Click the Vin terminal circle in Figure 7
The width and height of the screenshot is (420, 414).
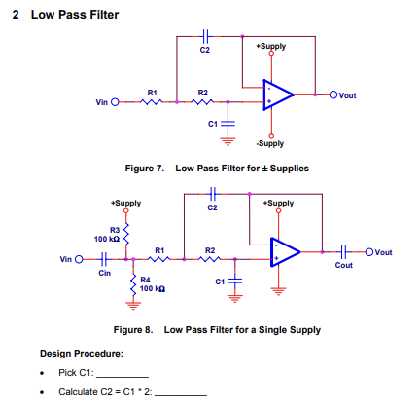pos(115,102)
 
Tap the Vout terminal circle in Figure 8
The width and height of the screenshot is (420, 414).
pos(369,252)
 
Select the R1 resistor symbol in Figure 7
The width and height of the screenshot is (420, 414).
pos(152,102)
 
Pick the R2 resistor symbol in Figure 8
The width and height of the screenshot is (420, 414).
pos(210,259)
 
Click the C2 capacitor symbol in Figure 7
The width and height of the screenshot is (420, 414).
pos(205,36)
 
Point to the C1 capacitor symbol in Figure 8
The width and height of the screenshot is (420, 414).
pos(235,281)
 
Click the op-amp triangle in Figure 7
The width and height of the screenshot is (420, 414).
pos(278,94)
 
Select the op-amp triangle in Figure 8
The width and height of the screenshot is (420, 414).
pos(286,252)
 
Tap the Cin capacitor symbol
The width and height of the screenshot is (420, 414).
pos(104,259)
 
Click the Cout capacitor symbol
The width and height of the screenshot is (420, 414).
pos(344,251)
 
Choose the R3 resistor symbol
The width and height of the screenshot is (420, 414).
pos(126,234)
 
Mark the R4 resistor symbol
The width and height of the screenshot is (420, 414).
pos(133,284)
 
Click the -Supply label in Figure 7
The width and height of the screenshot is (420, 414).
pos(270,143)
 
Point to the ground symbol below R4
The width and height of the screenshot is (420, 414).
pos(133,306)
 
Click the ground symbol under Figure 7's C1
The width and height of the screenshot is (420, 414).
pos(227,142)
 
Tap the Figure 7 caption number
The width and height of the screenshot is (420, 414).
pos(145,169)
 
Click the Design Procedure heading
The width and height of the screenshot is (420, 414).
pos(82,354)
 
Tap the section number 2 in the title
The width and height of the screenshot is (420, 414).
pos(16,15)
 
